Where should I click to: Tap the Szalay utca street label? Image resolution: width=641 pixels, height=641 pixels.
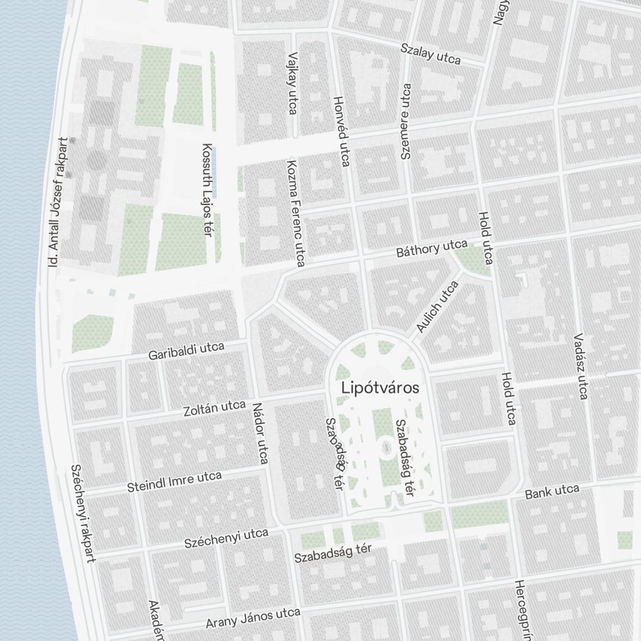click(x=431, y=54)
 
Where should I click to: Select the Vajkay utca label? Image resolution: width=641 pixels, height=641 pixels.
click(x=293, y=83)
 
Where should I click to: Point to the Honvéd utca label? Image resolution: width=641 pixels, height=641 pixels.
click(x=342, y=132)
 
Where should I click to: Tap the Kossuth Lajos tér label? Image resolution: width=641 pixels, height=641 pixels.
click(x=206, y=188)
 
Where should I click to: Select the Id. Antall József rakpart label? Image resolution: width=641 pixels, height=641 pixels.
click(x=57, y=202)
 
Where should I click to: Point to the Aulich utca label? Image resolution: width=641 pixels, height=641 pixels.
click(x=438, y=307)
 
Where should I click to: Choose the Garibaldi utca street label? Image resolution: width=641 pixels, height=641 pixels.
click(x=186, y=351)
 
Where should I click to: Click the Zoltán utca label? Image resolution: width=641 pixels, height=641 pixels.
click(x=215, y=407)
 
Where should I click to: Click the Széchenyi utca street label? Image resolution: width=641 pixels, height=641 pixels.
click(x=226, y=538)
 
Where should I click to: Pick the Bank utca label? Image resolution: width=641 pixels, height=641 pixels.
click(x=552, y=492)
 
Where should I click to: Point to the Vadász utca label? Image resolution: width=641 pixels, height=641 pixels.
click(x=580, y=365)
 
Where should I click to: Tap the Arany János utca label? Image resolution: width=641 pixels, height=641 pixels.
click(x=253, y=619)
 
